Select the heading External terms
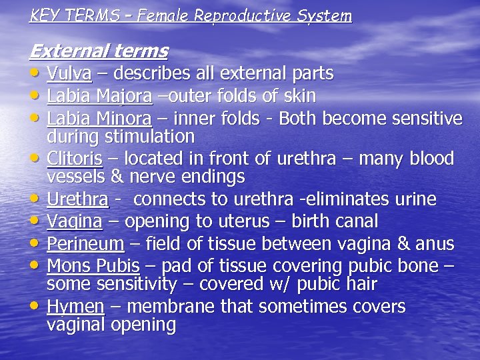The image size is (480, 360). [99, 51]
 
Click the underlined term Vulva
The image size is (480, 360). [69, 73]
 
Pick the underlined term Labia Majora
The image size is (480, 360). [99, 97]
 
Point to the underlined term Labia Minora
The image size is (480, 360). [99, 119]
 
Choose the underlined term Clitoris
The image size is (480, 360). [75, 159]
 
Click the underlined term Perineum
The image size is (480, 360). [85, 243]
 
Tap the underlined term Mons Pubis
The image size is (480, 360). [93, 266]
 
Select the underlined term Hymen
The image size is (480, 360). [75, 307]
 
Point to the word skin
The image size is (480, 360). [299, 96]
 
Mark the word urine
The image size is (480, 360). [418, 199]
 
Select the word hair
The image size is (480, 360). [360, 285]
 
